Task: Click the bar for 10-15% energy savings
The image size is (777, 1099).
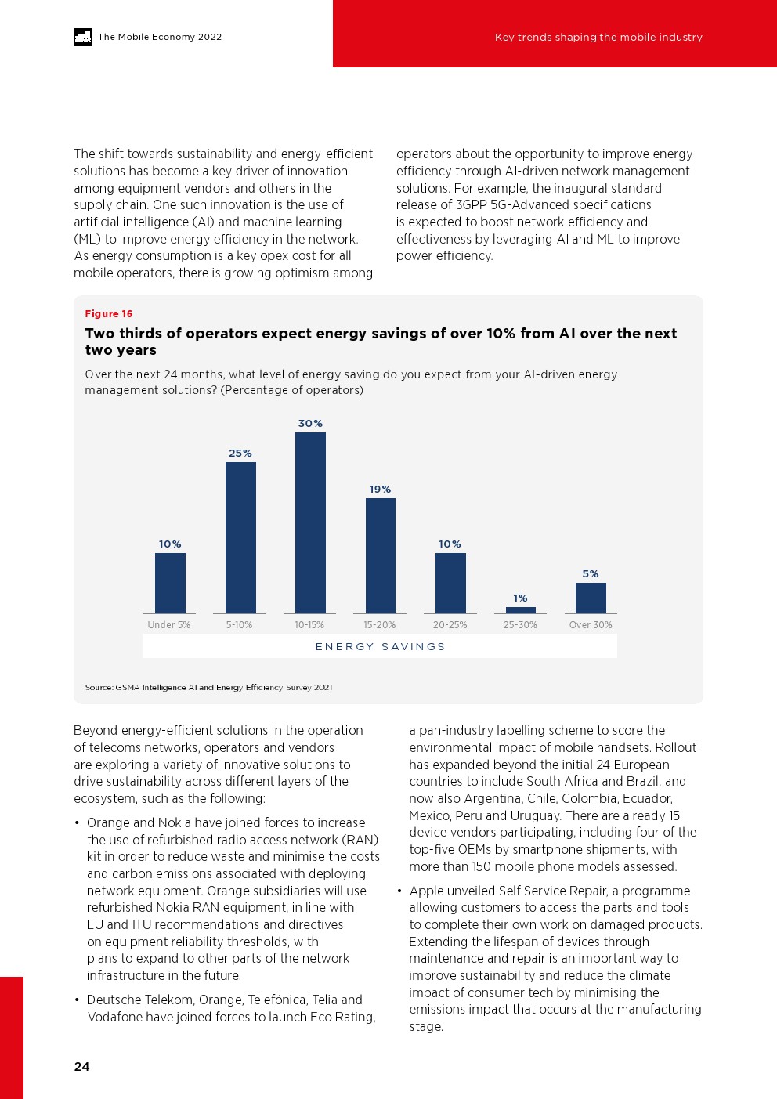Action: (x=310, y=522)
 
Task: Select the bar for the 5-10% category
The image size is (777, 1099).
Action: (x=240, y=537)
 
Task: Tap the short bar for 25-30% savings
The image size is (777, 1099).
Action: (x=521, y=610)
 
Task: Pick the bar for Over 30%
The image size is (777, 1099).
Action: (x=591, y=598)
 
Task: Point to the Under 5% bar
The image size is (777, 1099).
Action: (x=170, y=583)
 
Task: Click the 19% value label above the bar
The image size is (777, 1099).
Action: (x=380, y=490)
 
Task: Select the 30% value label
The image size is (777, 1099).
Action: (x=310, y=424)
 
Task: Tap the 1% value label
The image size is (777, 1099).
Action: (x=521, y=598)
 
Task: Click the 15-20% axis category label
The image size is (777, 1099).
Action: (x=380, y=625)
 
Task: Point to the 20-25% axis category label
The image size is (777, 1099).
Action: (x=450, y=625)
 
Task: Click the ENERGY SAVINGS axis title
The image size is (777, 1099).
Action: (x=380, y=647)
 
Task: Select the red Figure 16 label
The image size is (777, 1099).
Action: (x=109, y=314)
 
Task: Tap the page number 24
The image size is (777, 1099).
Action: (x=81, y=1067)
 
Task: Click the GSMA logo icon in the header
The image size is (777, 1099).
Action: (x=83, y=37)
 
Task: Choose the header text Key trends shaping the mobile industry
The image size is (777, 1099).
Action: (x=598, y=37)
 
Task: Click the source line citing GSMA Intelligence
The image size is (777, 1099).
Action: (x=208, y=688)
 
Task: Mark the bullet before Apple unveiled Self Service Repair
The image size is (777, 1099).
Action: (x=399, y=891)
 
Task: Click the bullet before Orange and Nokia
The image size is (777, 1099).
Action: (x=77, y=823)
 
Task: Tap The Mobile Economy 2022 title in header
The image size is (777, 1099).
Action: (x=160, y=37)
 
